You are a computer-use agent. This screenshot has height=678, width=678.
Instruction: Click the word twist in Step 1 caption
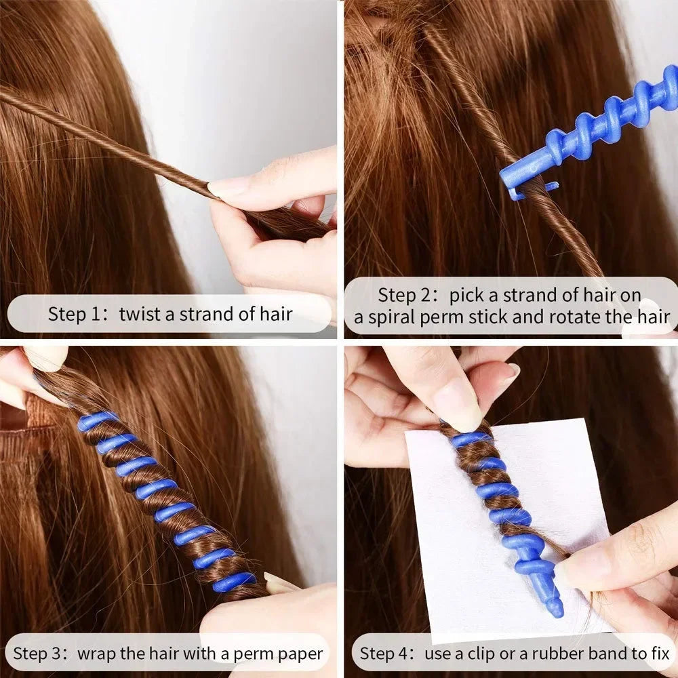tap(141, 314)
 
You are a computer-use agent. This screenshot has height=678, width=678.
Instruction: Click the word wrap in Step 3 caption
tap(95, 654)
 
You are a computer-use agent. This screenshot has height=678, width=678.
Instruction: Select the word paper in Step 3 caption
tap(298, 654)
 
